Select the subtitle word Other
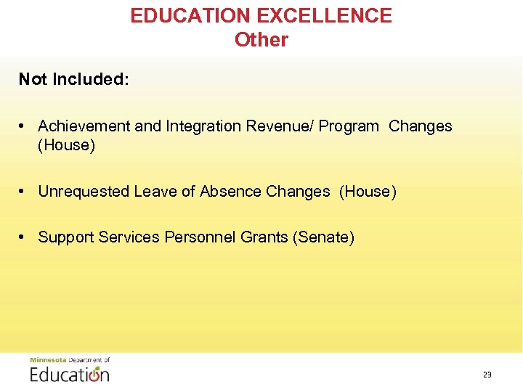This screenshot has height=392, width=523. tap(261, 40)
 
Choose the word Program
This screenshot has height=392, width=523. tap(349, 127)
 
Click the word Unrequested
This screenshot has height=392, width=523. tap(84, 192)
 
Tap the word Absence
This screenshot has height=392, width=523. tap(231, 192)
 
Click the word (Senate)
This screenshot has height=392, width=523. tap(323, 237)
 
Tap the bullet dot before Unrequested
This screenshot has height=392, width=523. tap(23, 192)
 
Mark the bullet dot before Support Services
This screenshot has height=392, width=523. tap(23, 237)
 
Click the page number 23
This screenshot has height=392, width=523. tap(487, 375)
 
